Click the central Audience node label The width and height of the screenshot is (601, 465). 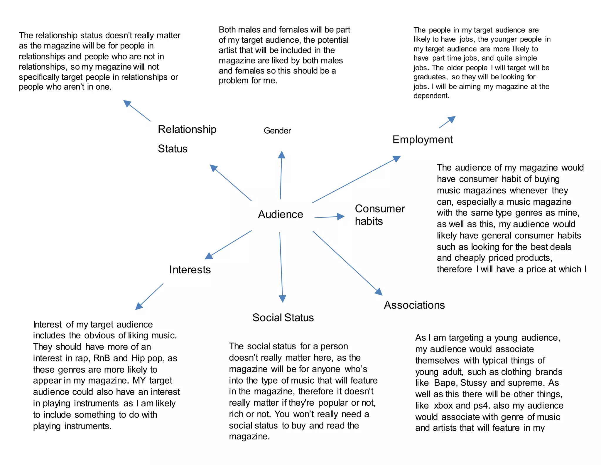280,214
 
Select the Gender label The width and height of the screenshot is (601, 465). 277,131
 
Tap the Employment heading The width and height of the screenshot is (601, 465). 422,140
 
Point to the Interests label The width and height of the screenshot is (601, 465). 190,270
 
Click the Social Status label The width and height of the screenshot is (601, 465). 283,317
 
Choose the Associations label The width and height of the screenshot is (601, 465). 414,305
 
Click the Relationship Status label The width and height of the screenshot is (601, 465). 187,139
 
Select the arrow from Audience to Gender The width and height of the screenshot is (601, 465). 281,175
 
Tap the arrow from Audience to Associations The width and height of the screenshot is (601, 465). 347,263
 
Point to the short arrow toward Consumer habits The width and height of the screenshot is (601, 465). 329,217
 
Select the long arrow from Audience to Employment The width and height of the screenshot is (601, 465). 356,180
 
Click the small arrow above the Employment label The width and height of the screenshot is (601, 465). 447,122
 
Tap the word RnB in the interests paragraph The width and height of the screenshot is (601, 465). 102,358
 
